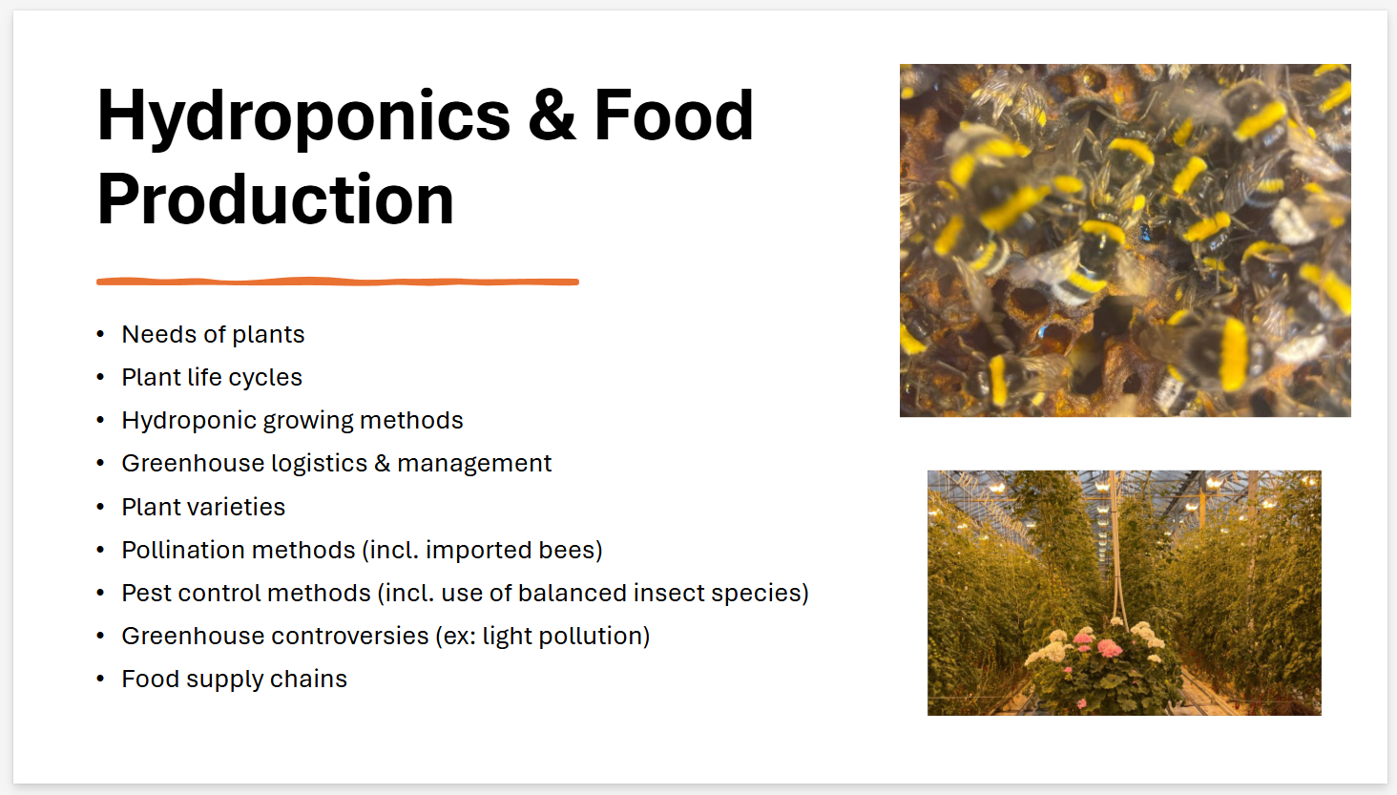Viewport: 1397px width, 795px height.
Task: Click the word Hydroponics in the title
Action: [303, 116]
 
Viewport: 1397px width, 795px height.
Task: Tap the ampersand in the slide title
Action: [551, 115]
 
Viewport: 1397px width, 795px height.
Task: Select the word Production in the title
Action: [276, 199]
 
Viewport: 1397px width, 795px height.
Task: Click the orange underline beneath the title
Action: [337, 282]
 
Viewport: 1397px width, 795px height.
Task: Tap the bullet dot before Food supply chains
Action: [100, 680]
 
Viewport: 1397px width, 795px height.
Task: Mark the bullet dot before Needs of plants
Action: [100, 335]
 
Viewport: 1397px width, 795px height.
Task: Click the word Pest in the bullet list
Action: [146, 593]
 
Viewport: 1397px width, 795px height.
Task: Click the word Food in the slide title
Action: [674, 115]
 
